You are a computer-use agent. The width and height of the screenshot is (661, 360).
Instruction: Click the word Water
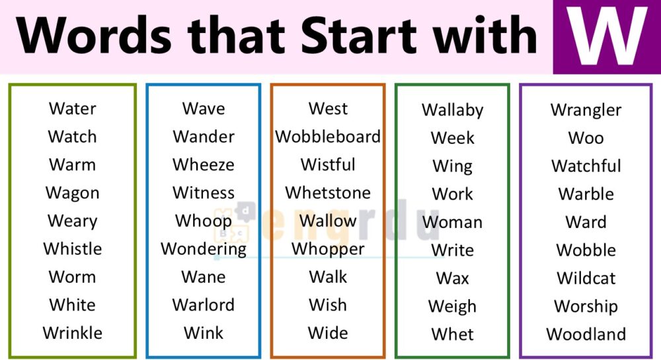[x=73, y=108]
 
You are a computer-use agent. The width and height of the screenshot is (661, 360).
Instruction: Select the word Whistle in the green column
[x=73, y=249]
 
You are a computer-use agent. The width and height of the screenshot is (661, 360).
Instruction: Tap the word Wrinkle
[x=73, y=333]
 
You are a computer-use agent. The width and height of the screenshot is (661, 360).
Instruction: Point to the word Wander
[x=204, y=137]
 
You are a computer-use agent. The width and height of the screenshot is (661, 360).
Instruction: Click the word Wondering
[x=204, y=250]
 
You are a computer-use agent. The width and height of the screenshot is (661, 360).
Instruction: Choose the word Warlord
[x=204, y=305]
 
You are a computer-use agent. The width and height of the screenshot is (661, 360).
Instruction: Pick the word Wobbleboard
[x=328, y=137]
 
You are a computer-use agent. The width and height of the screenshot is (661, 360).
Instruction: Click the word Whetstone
[x=328, y=193]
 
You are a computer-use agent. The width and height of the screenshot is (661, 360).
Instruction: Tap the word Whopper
[x=328, y=250]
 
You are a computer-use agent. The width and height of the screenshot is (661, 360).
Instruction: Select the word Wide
[x=328, y=333]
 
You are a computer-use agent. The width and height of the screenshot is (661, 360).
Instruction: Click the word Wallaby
[x=453, y=110]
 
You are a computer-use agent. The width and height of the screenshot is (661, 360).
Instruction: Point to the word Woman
[x=453, y=223]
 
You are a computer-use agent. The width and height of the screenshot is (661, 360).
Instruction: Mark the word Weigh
[x=453, y=307]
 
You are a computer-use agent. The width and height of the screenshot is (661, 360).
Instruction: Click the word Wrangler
[x=586, y=110]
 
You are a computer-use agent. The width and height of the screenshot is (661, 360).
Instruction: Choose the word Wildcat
[x=586, y=278]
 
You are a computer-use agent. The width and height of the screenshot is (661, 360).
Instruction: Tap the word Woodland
[x=586, y=334]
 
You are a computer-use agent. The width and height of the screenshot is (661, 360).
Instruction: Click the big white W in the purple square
[x=607, y=36]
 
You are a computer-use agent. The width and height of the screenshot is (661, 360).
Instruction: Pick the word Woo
[x=586, y=138]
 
